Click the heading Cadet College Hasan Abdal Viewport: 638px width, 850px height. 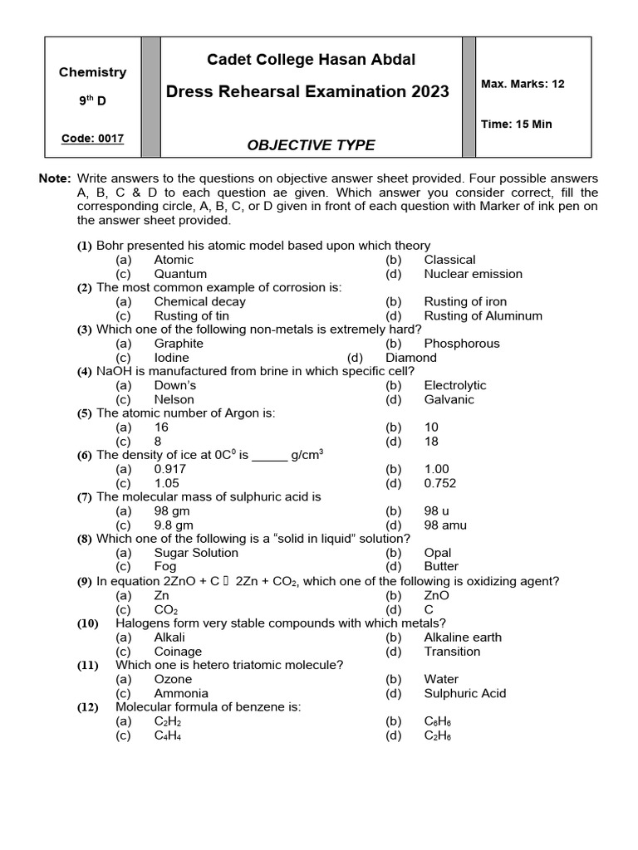pyautogui.click(x=310, y=59)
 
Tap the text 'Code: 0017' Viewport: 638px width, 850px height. pyautogui.click(x=92, y=139)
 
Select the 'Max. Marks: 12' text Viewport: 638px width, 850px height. pyautogui.click(x=523, y=84)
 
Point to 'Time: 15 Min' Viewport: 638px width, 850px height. pyautogui.click(x=516, y=125)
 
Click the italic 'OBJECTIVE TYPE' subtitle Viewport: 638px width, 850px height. pyautogui.click(x=310, y=145)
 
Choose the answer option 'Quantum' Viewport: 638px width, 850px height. pyautogui.click(x=180, y=274)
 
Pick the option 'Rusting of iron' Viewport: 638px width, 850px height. pyautogui.click(x=464, y=301)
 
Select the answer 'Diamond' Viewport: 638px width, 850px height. pyautogui.click(x=411, y=358)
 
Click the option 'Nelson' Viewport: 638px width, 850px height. pyautogui.click(x=174, y=399)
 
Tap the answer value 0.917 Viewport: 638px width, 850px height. pyautogui.click(x=171, y=469)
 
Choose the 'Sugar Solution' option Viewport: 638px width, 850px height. pyautogui.click(x=196, y=553)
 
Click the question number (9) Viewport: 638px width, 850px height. pyautogui.click(x=85, y=582)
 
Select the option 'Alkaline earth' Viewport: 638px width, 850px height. pyautogui.click(x=463, y=637)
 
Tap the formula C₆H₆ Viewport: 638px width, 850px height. pyautogui.click(x=437, y=721)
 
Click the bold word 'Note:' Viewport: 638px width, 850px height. pyautogui.click(x=55, y=179)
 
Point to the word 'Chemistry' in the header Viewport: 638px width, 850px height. pyautogui.click(x=92, y=72)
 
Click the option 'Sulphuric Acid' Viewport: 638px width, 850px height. pyautogui.click(x=464, y=693)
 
